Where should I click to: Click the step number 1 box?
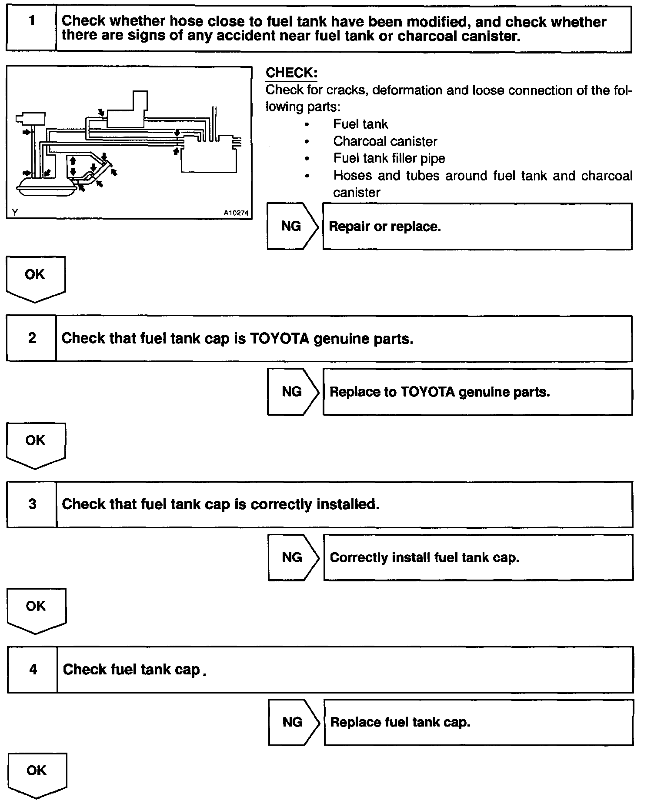point(31,28)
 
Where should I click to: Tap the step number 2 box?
point(32,338)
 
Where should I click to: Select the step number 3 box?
point(32,504)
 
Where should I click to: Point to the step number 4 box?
point(33,670)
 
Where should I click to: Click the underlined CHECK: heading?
point(291,73)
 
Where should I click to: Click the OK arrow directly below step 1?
point(35,278)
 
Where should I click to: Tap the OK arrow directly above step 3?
point(36,444)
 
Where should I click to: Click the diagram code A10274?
point(236,213)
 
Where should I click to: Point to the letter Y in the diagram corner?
point(15,212)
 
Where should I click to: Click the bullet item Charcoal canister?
point(385,141)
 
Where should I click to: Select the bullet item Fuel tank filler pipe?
point(389,158)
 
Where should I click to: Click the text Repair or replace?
point(385,227)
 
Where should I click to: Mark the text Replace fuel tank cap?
point(400,723)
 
